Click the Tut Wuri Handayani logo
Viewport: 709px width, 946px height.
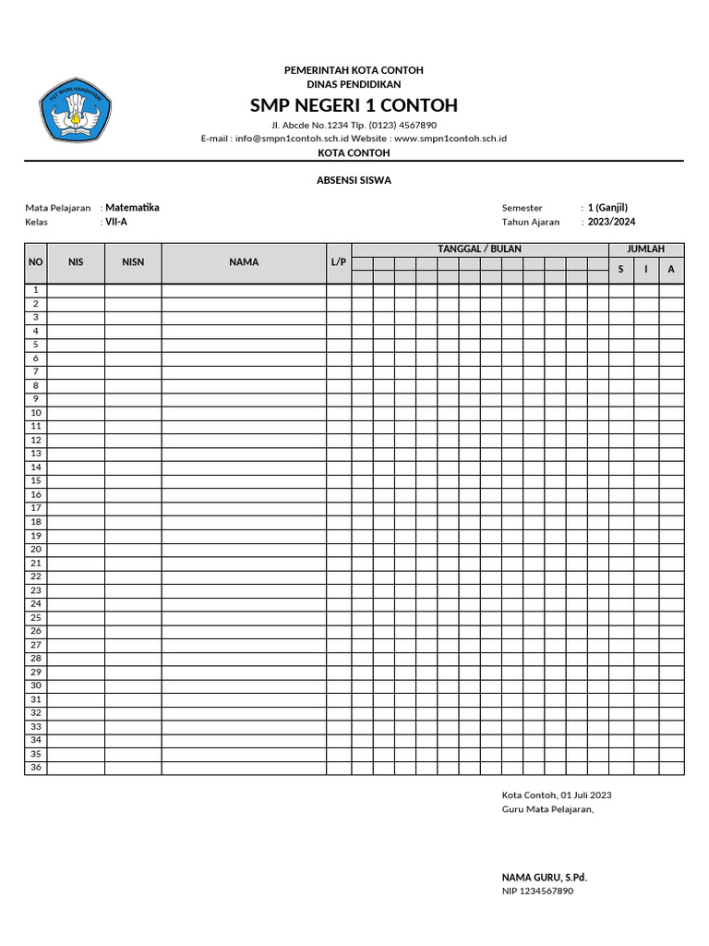tap(75, 110)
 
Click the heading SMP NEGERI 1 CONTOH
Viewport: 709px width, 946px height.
tap(354, 105)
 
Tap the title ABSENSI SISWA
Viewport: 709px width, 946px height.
tap(354, 180)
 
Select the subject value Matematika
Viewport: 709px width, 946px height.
tap(132, 208)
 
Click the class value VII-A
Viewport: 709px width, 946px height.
tap(116, 223)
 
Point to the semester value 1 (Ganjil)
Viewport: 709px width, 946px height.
tap(607, 208)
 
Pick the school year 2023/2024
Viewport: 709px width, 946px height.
tap(611, 223)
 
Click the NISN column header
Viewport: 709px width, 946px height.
tap(133, 262)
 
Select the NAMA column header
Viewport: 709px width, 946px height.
tap(244, 262)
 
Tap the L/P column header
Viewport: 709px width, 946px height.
tap(339, 262)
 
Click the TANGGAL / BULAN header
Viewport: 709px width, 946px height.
tap(479, 249)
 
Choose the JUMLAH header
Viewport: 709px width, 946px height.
tap(646, 249)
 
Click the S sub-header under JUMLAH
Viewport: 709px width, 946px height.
tap(620, 269)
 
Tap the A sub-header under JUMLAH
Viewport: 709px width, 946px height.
tap(671, 269)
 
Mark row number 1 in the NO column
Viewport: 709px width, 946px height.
tap(36, 290)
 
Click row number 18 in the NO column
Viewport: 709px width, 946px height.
tap(36, 522)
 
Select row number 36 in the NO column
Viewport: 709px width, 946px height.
tap(36, 767)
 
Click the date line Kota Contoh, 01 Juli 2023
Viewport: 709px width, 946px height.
tap(557, 794)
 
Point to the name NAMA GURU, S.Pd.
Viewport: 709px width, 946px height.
tap(544, 877)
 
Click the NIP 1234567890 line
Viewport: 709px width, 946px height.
tap(537, 891)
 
